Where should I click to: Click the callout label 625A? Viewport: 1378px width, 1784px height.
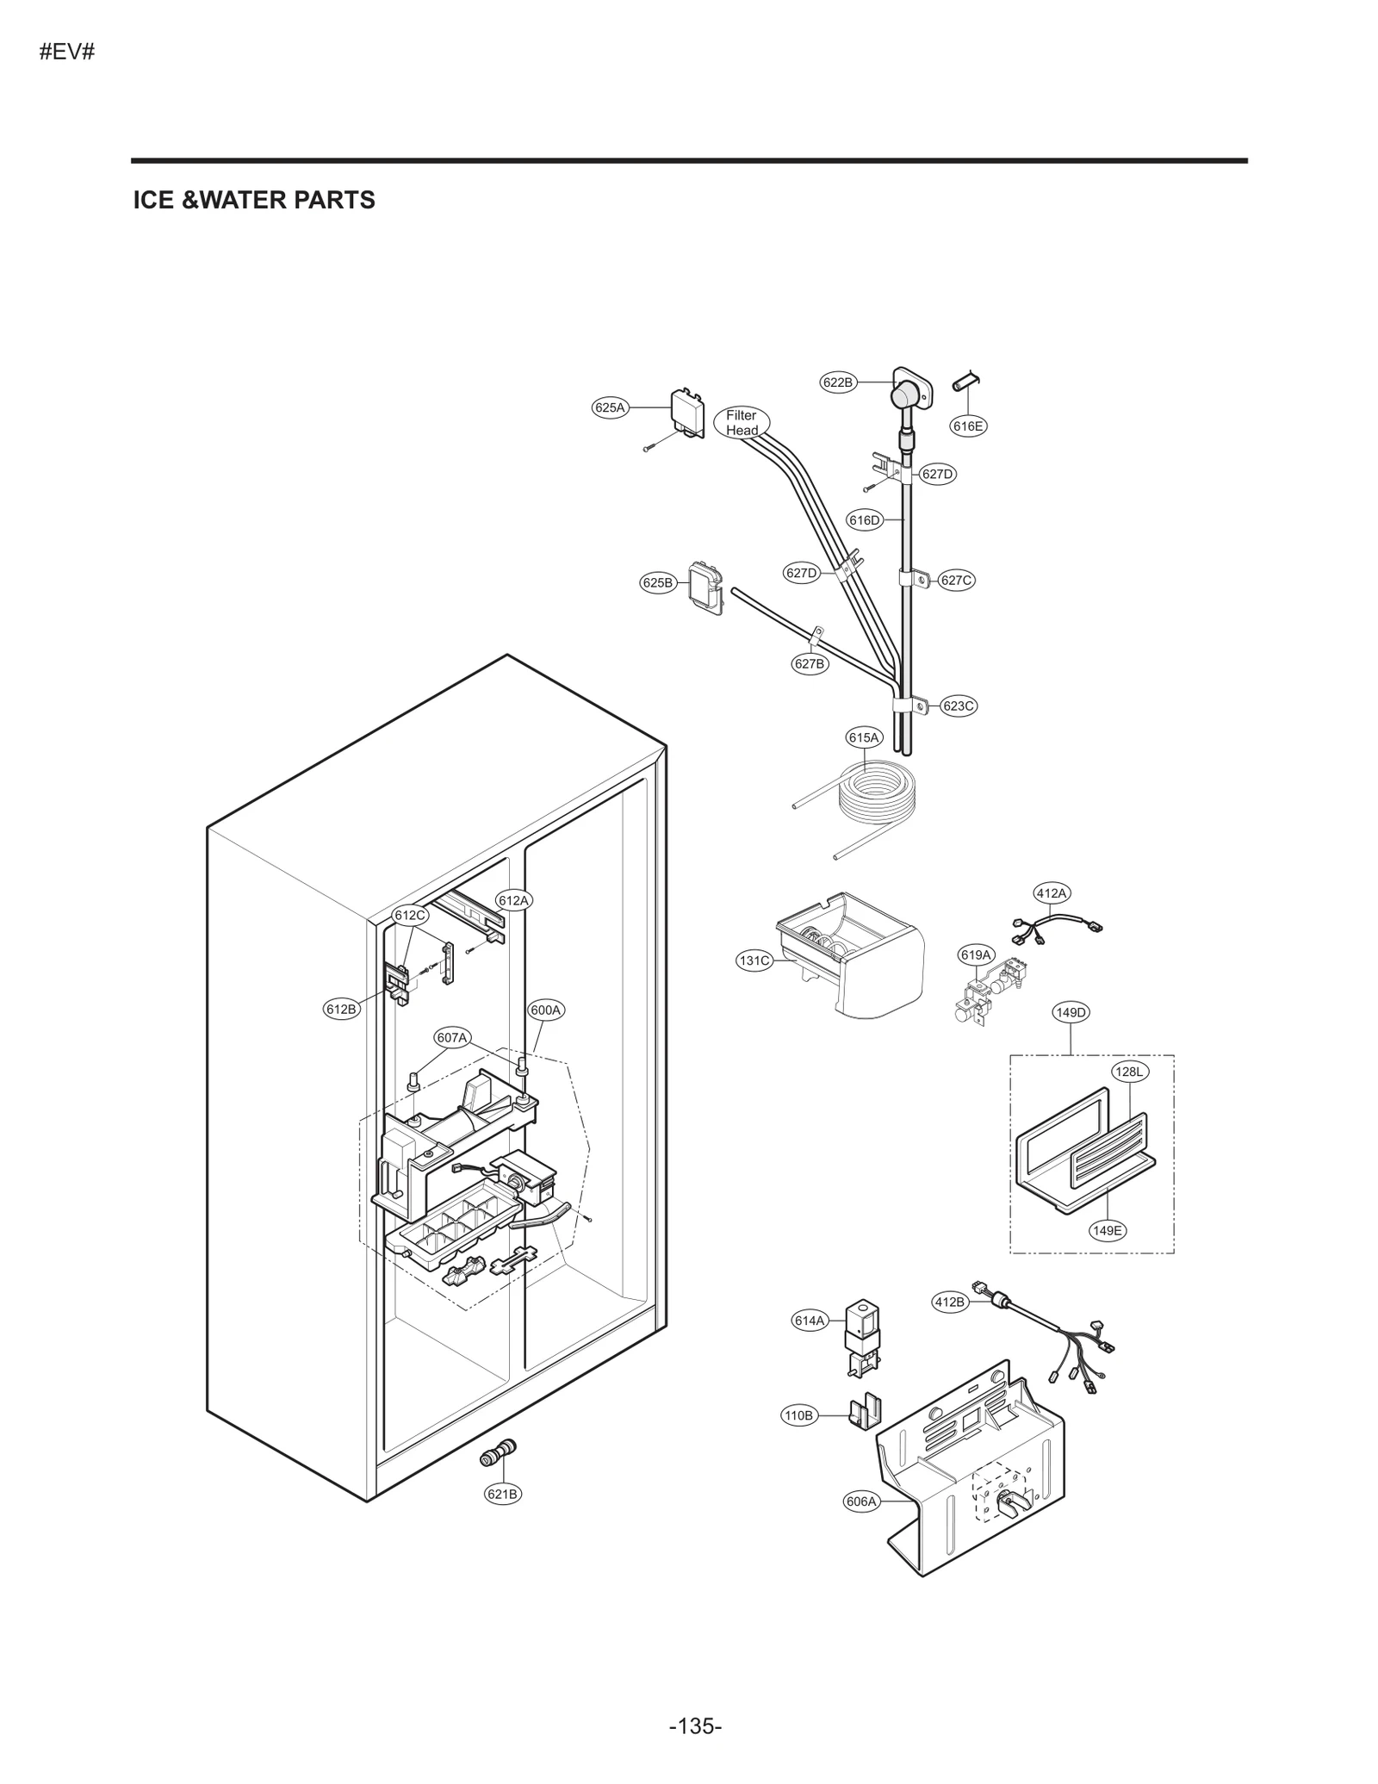click(x=610, y=407)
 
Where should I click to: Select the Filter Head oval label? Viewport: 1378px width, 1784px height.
click(x=742, y=422)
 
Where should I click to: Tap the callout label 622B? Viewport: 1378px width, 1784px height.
click(x=837, y=382)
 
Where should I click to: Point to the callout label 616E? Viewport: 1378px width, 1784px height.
click(x=968, y=426)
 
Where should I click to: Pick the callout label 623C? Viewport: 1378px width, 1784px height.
click(x=958, y=706)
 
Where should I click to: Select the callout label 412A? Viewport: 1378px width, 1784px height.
click(x=1051, y=893)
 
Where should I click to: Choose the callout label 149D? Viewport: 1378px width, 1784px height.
click(x=1071, y=1012)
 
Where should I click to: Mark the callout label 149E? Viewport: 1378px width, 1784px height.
click(x=1107, y=1230)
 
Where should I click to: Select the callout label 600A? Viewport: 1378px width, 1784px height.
click(x=545, y=1010)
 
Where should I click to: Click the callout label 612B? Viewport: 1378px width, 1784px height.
click(x=341, y=1009)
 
